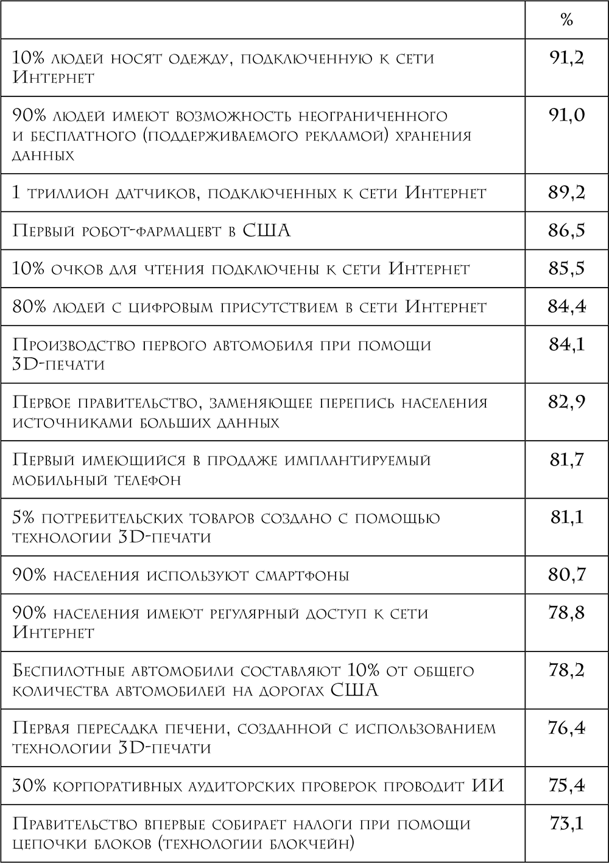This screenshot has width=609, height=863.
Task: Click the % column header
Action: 566,20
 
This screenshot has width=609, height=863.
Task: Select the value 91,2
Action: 566,59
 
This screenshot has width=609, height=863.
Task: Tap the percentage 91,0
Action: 566,116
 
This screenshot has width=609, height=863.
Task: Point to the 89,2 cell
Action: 566,193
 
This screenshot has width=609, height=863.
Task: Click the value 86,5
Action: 566,231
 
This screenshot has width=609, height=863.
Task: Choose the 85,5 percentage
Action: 566,269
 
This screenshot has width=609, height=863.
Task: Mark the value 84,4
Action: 566,307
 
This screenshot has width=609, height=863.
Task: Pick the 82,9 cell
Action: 566,402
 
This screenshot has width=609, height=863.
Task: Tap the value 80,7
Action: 566,575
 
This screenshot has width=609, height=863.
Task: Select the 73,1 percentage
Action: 566,824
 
